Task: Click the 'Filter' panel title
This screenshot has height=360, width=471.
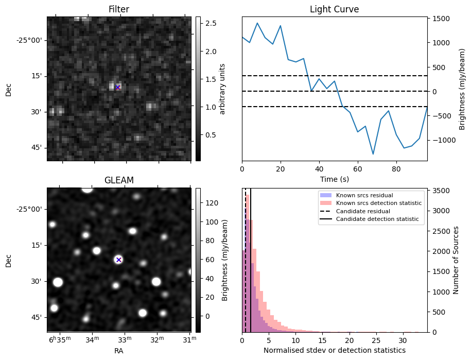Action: (x=118, y=9)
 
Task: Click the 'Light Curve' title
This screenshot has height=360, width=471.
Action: (x=334, y=9)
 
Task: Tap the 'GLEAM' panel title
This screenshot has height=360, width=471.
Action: (x=118, y=180)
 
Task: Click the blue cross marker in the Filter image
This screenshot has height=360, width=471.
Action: (x=118, y=88)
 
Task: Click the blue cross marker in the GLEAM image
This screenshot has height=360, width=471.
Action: (x=119, y=260)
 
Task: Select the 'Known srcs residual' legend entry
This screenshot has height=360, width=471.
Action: (x=364, y=196)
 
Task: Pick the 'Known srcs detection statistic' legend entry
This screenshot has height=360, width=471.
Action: (x=378, y=203)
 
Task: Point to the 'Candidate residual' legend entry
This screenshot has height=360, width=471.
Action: (x=363, y=212)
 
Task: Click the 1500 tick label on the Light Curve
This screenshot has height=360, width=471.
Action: (x=443, y=19)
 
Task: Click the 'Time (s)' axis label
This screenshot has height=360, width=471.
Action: (x=334, y=179)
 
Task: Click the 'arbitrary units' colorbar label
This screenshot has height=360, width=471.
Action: (x=223, y=89)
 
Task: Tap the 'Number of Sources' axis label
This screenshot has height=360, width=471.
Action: (x=455, y=260)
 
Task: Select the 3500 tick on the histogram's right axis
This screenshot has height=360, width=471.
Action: (x=443, y=191)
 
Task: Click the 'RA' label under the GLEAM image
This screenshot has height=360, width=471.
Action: (x=118, y=351)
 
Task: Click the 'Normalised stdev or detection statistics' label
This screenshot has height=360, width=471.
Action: (x=334, y=351)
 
